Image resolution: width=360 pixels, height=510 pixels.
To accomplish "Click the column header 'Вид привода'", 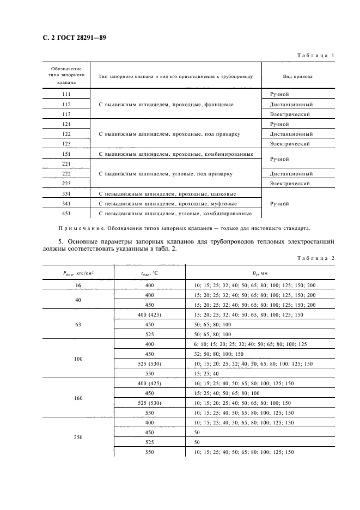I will click(x=297, y=77).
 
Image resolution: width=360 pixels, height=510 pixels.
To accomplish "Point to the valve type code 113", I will click(x=66, y=114).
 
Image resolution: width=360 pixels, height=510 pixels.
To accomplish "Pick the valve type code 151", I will click(x=66, y=154).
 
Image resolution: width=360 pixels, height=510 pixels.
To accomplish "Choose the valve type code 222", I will click(x=66, y=174).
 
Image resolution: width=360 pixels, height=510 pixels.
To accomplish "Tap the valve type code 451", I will click(x=66, y=213).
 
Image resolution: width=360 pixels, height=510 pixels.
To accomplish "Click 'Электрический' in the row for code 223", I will click(x=290, y=184).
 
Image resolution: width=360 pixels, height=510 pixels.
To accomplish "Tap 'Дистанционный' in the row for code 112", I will click(x=291, y=105).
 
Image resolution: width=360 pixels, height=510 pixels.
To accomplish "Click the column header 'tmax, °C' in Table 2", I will click(x=149, y=275).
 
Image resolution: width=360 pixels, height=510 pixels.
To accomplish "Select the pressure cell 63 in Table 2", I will click(x=78, y=324).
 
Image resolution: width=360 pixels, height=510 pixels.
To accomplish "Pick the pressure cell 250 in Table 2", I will click(x=78, y=438).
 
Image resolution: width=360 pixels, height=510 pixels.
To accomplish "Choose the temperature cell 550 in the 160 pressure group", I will click(x=150, y=412).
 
